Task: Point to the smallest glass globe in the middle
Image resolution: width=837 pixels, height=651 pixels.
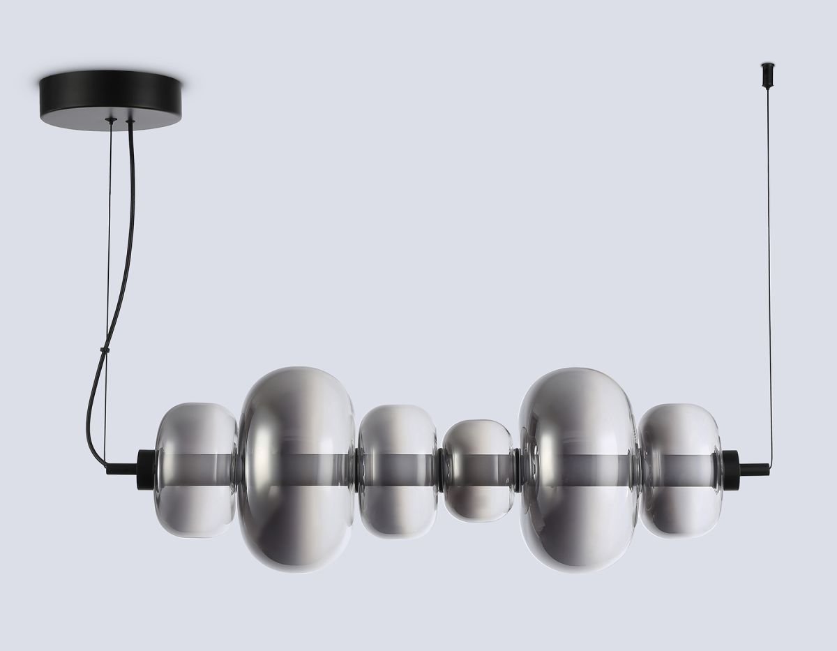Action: click(479, 470)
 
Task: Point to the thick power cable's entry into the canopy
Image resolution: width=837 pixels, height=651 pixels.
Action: click(130, 124)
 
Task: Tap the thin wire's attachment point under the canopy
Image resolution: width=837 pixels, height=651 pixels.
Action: click(109, 121)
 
